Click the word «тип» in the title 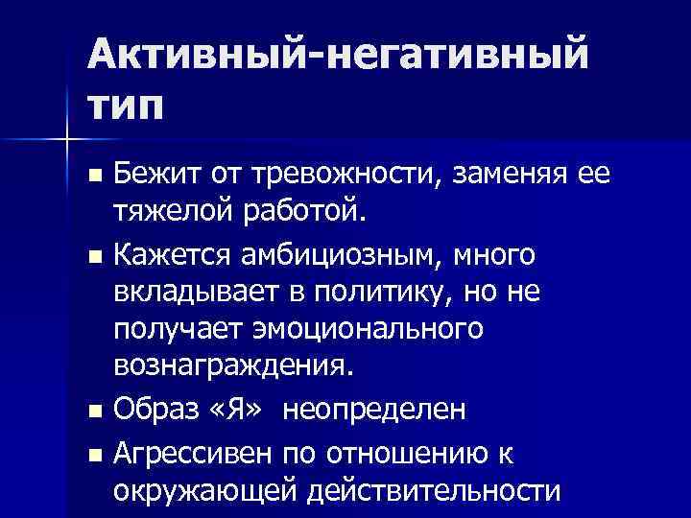[126, 103]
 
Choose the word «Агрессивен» [192, 452]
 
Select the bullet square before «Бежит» [92, 177]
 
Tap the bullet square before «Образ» [92, 412]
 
